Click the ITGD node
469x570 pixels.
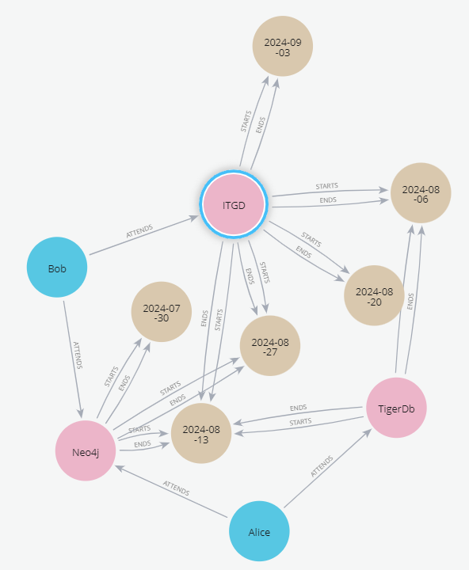pos(234,204)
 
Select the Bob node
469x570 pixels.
pos(57,268)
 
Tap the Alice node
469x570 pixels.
pos(259,531)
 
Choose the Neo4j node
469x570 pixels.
pos(86,450)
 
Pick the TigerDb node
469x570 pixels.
pos(396,408)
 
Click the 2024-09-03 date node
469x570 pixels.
pos(283,46)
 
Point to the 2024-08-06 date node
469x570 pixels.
pos(421,193)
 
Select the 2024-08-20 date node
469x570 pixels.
pos(374,295)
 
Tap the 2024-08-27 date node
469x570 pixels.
pos(270,346)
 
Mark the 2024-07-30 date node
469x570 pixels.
pos(161,312)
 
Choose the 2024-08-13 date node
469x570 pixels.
pos(201,433)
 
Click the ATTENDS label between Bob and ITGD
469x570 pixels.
pos(139,231)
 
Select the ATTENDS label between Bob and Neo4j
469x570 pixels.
pos(78,355)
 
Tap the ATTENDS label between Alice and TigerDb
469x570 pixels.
pos(322,466)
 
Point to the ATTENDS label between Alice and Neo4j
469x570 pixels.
pos(176,488)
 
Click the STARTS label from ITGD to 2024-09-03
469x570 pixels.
pos(246,121)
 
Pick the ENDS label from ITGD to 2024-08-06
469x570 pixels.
pos(328,200)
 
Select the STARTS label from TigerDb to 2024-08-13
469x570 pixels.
pos(300,422)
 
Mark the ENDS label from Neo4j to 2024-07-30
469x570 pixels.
pos(124,383)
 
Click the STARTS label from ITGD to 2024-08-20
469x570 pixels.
pos(311,240)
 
